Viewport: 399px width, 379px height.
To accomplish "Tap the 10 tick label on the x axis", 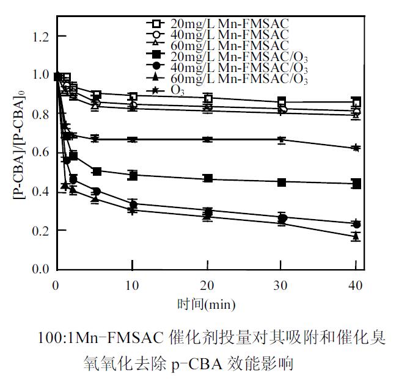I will (132, 284).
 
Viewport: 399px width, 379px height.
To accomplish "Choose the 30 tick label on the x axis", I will (281, 284).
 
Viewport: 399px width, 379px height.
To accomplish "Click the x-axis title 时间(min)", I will (206, 303).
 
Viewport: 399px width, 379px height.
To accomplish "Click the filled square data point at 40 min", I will (356, 184).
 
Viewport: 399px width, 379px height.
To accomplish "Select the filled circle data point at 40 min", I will (356, 224).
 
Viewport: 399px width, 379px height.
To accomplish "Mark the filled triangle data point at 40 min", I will (356, 236).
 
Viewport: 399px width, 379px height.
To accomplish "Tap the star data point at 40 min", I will (356, 148).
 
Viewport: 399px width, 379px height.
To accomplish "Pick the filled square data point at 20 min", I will (208, 178).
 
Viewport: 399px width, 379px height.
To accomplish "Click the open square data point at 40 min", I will (356, 103).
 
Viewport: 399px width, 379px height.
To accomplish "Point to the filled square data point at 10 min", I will (132, 175).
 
